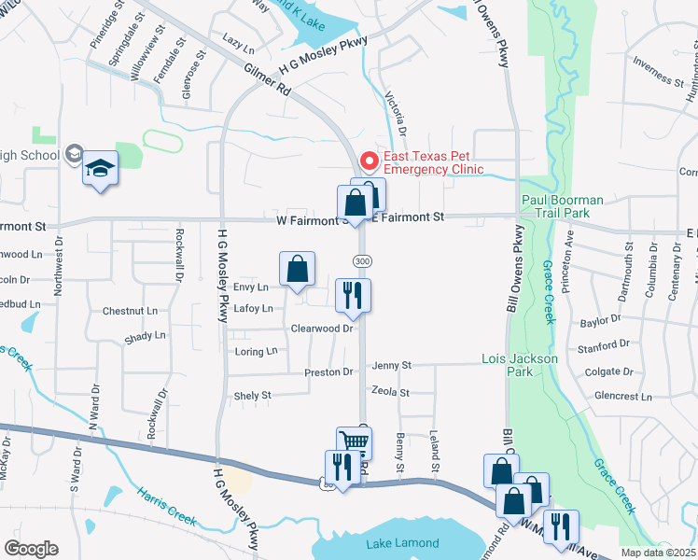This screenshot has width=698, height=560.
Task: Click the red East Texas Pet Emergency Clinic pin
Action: point(369,162)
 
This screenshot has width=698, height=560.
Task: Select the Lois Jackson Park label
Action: point(520,365)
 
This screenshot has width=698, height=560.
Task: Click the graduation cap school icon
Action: point(100,169)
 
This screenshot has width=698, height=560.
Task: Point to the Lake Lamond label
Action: point(403,543)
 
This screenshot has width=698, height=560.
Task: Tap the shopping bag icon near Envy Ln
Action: point(296,270)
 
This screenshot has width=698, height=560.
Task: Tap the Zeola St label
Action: point(390,393)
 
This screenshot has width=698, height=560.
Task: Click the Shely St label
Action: point(252,396)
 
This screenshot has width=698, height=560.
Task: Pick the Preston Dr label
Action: point(328,372)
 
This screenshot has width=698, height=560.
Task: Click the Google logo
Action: point(31,549)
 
